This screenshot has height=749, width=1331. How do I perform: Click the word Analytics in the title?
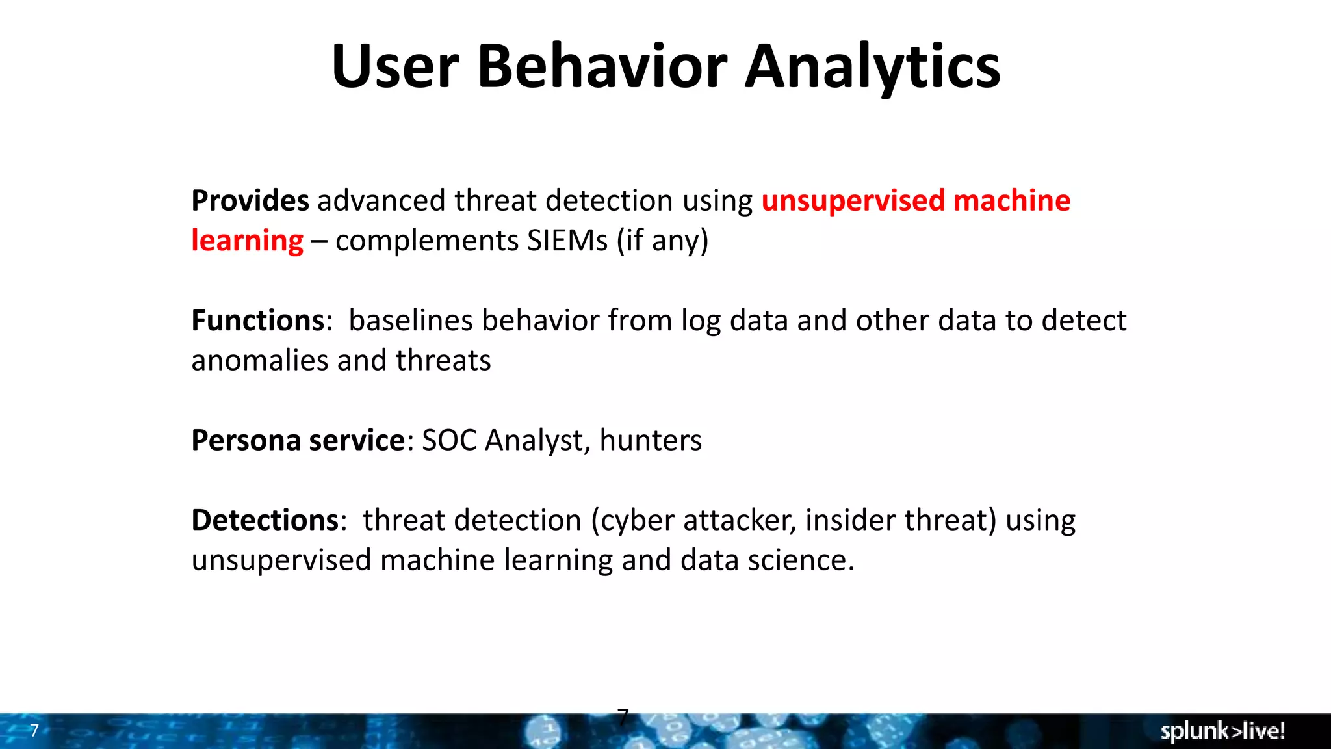coord(872,66)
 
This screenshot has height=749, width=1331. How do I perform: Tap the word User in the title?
coord(395,66)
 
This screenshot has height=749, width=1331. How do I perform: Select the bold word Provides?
coord(250,200)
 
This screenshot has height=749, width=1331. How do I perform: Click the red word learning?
coord(247,241)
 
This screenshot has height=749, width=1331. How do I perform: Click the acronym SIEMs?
coord(567,241)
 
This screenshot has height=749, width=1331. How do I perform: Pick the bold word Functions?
coord(258,321)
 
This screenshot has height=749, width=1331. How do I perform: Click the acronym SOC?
coord(449,440)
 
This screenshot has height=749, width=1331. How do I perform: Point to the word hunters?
coord(651,440)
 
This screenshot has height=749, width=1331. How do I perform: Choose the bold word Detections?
coord(265,520)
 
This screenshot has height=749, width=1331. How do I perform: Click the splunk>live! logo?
coord(1222,731)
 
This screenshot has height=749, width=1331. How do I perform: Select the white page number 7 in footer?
coord(34,730)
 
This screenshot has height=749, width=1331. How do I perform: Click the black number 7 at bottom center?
coord(623,716)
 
